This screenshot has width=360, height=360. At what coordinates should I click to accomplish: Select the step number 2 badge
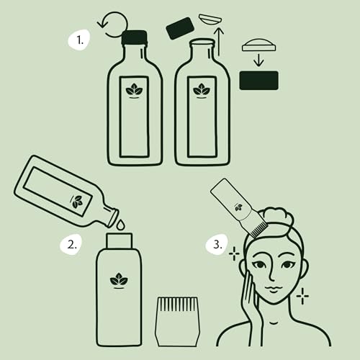pyautogui.click(x=71, y=244)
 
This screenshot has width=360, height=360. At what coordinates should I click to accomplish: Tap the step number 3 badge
pyautogui.click(x=218, y=244)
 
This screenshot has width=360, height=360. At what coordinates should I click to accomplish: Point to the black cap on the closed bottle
pyautogui.click(x=135, y=38)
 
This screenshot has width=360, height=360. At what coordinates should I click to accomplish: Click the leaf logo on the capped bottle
pyautogui.click(x=135, y=91)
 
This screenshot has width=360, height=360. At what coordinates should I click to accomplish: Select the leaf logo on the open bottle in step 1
pyautogui.click(x=202, y=91)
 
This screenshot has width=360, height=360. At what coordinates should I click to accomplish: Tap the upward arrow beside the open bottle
pyautogui.click(x=220, y=39)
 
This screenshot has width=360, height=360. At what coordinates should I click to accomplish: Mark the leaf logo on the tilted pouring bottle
pyautogui.click(x=77, y=202)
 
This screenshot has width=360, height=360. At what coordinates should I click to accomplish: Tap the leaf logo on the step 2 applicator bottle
pyautogui.click(x=119, y=279)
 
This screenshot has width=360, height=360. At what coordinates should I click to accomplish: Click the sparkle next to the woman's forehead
pyautogui.click(x=234, y=253)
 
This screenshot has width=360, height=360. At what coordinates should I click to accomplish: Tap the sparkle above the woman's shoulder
pyautogui.click(x=302, y=295)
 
